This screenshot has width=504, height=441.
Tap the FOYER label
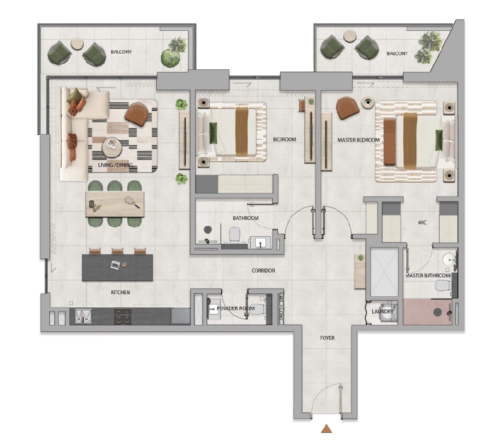(327, 338)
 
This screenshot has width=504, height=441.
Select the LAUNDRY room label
(382, 311)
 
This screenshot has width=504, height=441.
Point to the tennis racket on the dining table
(132, 202)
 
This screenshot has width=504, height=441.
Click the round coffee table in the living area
(112, 147)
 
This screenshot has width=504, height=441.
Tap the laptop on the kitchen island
(115, 265)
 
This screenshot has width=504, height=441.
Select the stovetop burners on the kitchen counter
(123, 317)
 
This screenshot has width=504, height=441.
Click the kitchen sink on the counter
(83, 316)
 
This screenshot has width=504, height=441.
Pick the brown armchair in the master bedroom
(347, 108)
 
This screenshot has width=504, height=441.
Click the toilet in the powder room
(258, 309)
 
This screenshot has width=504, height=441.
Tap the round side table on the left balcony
(77, 43)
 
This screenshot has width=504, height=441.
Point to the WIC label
(422, 222)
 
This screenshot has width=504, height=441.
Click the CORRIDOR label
(263, 271)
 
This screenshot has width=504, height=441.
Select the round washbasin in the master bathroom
(449, 259)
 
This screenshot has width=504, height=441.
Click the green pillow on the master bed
(438, 140)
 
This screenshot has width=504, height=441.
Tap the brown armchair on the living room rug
(137, 114)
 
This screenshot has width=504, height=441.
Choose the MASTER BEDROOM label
(358, 140)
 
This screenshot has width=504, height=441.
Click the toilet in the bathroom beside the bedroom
(234, 234)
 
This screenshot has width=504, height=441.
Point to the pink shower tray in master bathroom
(428, 312)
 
